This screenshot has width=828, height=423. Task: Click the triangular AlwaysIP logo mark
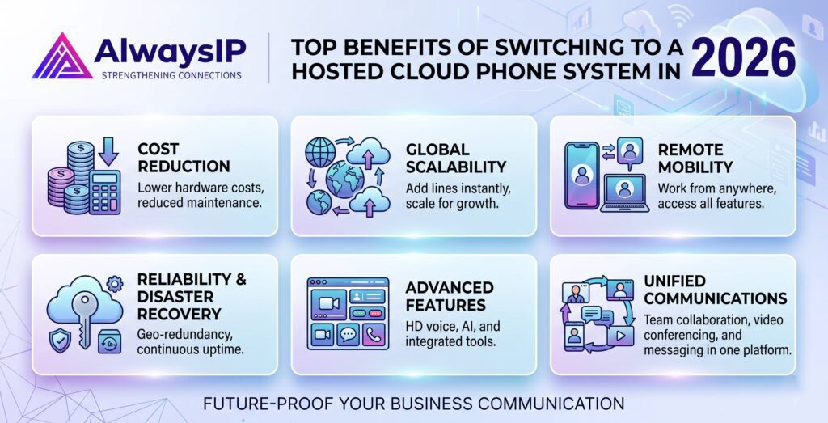point(61,57)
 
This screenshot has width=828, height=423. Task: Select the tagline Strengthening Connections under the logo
point(171,75)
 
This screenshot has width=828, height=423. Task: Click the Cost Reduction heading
point(184,158)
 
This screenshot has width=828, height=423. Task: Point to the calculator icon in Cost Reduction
point(105,192)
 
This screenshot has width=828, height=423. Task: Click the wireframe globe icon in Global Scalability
point(320,154)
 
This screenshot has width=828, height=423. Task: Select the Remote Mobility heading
point(695,158)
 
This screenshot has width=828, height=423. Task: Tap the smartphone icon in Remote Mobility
point(581,176)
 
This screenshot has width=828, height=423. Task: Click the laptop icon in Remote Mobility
point(625,193)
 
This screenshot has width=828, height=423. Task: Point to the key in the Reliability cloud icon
point(83,319)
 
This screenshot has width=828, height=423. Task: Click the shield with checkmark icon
point(58,341)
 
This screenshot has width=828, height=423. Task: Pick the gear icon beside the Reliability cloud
point(114,285)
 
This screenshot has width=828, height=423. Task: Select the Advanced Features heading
point(449,296)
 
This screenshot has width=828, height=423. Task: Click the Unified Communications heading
point(715,290)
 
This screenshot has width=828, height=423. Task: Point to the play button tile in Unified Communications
point(620,336)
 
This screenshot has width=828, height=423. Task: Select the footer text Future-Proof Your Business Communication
point(413,404)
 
